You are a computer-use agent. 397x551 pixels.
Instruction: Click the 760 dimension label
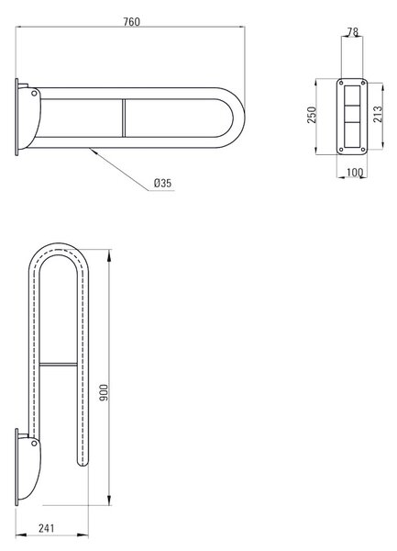pos(131,22)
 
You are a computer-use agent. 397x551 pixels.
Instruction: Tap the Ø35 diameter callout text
pos(162,183)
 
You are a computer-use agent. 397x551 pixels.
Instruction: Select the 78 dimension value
pos(353,32)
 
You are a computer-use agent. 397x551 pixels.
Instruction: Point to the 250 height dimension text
pos(312,115)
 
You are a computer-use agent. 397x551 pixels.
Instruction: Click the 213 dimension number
pos(378,114)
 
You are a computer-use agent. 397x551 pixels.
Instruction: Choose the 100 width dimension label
pos(355,173)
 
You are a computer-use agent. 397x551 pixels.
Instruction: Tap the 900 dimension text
pos(105,392)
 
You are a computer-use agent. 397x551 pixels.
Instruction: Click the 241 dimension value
pos(46,528)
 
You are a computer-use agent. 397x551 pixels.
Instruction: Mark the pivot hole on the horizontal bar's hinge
pos(34,93)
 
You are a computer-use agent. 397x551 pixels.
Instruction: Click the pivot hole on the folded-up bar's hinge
pos(34,444)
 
